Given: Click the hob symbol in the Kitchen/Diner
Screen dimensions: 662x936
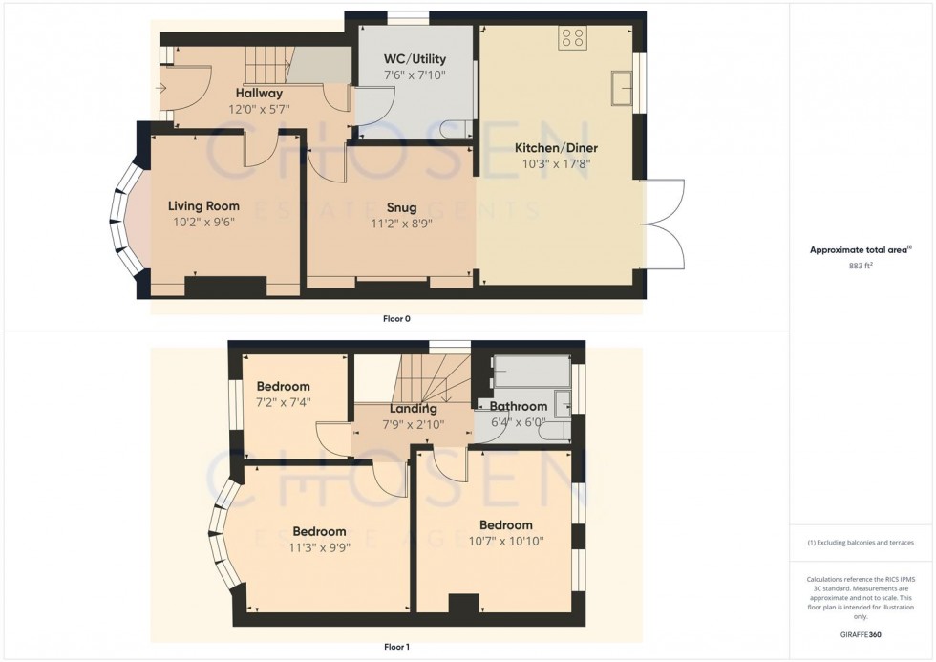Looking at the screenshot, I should click(574, 37).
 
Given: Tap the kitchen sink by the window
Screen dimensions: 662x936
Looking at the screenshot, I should click(625, 86).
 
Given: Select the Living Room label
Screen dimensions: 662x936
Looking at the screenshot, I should click(203, 205).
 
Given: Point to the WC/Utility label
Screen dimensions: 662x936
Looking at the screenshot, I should click(415, 57).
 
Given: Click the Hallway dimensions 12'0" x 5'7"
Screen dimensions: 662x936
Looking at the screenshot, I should click(259, 109).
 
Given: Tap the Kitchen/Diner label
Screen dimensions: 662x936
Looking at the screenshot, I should click(553, 148).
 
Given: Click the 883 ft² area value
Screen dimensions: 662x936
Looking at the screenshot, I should click(861, 267).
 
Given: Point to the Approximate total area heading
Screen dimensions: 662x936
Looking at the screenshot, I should click(861, 250).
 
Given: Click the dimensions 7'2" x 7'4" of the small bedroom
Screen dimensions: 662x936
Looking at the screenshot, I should click(284, 402).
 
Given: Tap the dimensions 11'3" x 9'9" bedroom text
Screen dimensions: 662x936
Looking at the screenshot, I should click(319, 548).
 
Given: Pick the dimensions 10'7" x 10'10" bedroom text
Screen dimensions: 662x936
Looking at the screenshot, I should click(506, 541).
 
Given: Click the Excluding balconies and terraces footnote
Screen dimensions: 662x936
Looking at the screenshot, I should click(861, 543).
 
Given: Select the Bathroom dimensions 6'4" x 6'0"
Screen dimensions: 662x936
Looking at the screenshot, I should click(519, 421).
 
